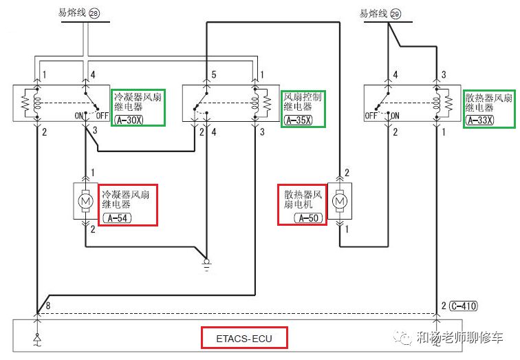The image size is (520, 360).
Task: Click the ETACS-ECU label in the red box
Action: click(x=244, y=338)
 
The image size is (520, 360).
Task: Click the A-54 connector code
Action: click(x=118, y=218)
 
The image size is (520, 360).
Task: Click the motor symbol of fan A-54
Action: click(x=85, y=201)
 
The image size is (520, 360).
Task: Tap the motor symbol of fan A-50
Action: click(x=339, y=201)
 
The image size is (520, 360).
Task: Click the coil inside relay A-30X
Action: click(x=37, y=102)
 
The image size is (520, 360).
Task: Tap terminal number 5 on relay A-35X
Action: click(x=214, y=74)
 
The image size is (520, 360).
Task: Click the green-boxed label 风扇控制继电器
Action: click(x=303, y=102)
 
